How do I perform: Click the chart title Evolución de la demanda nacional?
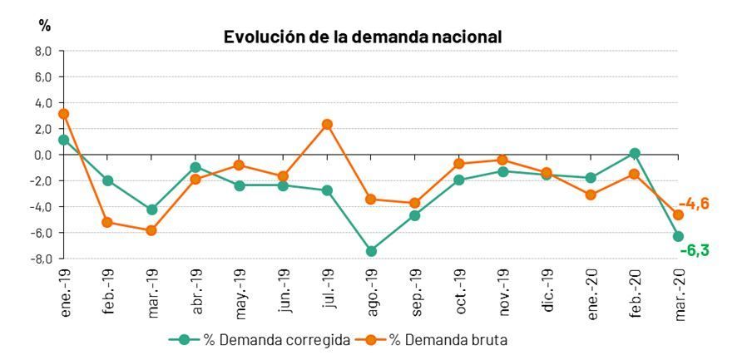tap(362, 37)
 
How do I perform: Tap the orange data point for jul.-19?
tap(327, 125)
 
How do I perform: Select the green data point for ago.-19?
tap(371, 250)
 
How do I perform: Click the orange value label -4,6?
tap(693, 204)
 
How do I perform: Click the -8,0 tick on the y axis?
tap(42, 259)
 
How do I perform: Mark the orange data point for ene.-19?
tap(64, 114)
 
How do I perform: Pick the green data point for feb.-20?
tap(635, 153)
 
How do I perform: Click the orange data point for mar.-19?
tap(151, 230)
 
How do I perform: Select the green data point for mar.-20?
tap(678, 236)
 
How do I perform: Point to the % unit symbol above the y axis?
tap(44, 26)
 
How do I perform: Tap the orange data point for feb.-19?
tap(108, 222)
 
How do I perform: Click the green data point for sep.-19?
tap(415, 215)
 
